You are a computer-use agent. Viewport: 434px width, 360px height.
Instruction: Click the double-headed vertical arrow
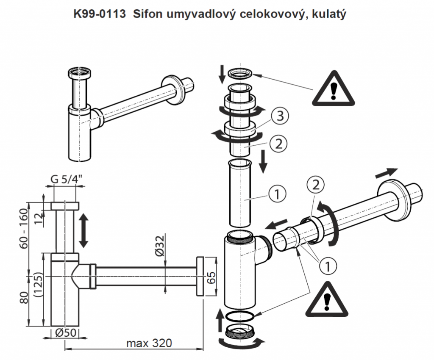[83, 230]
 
